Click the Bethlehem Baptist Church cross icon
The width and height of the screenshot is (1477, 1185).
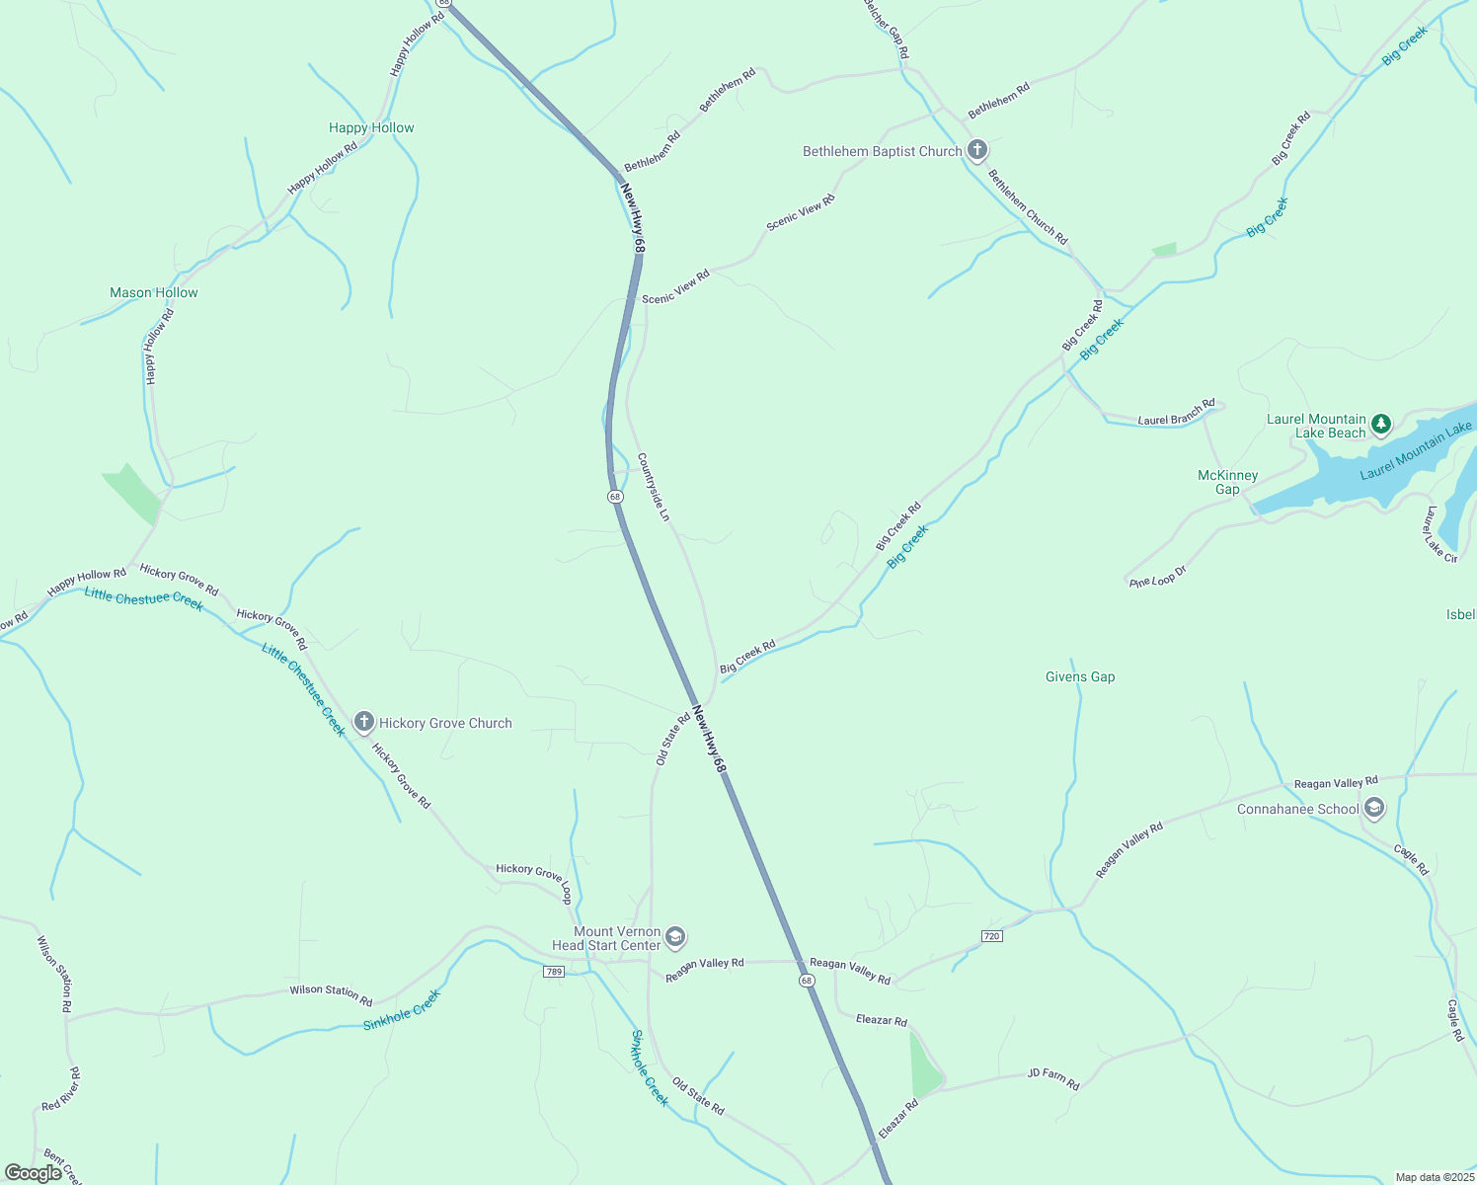point(976,150)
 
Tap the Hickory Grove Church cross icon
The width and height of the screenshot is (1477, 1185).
point(363,723)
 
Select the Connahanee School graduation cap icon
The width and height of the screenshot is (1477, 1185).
point(1373,809)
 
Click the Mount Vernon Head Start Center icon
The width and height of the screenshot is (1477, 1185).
point(675,936)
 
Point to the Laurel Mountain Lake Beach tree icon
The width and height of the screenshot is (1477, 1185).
point(1381,425)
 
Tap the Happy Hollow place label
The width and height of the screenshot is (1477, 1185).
point(371,127)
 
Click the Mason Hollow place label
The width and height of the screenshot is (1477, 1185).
point(154,292)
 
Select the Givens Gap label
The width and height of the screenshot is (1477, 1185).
point(1080,676)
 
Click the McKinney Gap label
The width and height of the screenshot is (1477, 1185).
point(1227,482)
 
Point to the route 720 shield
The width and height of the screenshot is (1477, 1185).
point(992,935)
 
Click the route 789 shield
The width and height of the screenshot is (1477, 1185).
point(554,972)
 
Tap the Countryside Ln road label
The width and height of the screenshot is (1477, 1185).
point(654,487)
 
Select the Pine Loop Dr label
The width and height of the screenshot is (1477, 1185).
point(1158,578)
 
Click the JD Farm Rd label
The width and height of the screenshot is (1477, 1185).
point(1053,1078)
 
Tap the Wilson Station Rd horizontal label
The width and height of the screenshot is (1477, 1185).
point(331,990)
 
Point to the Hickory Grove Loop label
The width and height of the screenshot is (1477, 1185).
point(534,877)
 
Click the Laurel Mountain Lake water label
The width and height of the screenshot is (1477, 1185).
point(1416,449)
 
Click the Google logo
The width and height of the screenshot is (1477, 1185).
point(33,1173)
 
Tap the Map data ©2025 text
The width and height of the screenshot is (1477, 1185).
point(1433,1177)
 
